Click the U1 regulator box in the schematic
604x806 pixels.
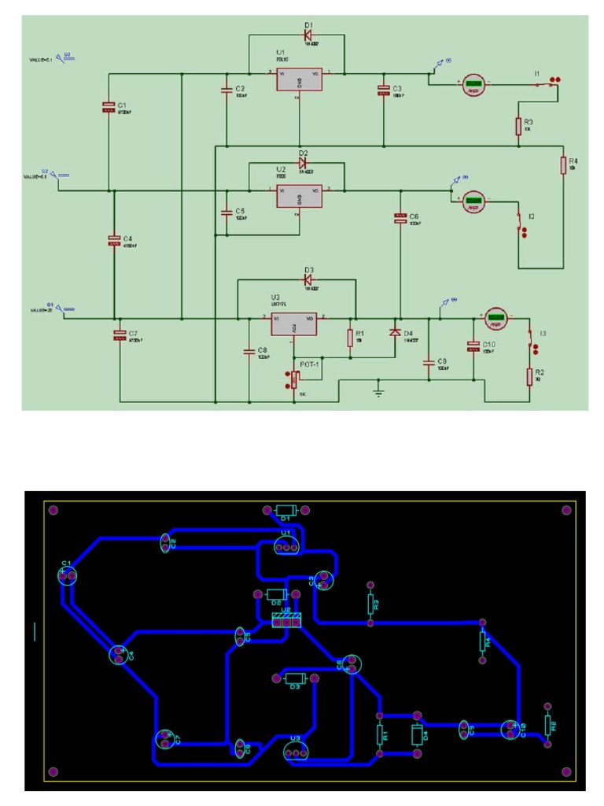(x=299, y=80)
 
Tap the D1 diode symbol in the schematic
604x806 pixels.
(x=308, y=35)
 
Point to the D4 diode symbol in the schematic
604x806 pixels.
(x=395, y=333)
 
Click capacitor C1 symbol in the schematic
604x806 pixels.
(x=109, y=106)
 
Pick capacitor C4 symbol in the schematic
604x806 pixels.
(x=114, y=241)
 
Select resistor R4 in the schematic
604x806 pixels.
(x=562, y=165)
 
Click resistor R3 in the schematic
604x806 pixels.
(x=517, y=126)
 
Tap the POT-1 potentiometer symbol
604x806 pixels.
(x=294, y=380)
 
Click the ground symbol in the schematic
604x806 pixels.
(x=378, y=391)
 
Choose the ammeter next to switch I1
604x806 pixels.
(x=473, y=85)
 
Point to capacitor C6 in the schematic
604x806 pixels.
(x=400, y=218)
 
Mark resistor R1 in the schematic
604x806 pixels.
(x=350, y=338)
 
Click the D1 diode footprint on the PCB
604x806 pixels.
(x=285, y=509)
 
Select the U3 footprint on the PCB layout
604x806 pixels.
(x=295, y=752)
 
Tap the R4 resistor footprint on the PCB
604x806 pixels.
(x=484, y=641)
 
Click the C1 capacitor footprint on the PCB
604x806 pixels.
(x=67, y=576)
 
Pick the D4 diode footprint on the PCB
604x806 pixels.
(x=417, y=734)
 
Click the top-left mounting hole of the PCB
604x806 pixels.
(x=54, y=509)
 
